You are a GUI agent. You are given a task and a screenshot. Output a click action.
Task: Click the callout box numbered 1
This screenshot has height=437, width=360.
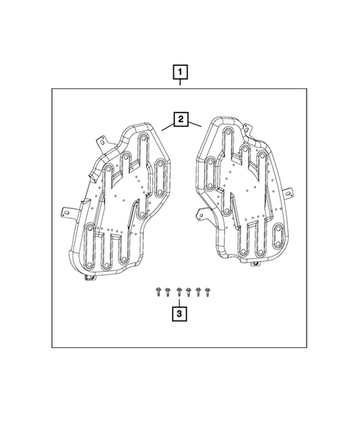pyautogui.click(x=180, y=72)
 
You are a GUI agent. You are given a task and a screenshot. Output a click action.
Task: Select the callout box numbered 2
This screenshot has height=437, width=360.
pyautogui.click(x=180, y=119)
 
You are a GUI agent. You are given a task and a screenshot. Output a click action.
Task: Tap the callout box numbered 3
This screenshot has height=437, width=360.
pyautogui.click(x=180, y=314)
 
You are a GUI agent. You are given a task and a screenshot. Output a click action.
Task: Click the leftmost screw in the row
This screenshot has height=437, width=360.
pyautogui.click(x=158, y=292)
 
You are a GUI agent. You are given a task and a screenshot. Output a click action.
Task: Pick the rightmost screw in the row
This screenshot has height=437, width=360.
pyautogui.click(x=207, y=292)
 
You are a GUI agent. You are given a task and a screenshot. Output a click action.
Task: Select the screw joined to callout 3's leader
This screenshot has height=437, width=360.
pyautogui.click(x=180, y=292)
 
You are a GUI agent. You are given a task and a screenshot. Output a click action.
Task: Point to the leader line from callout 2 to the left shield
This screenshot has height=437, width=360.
pyautogui.click(x=168, y=127)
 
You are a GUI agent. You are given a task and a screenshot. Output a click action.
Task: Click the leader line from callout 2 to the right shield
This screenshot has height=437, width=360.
pyautogui.click(x=194, y=124)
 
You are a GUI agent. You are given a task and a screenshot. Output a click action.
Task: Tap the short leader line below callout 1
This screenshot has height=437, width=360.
pyautogui.click(x=180, y=82)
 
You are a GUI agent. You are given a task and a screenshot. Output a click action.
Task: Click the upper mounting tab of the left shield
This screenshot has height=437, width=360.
pyautogui.click(x=102, y=142)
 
